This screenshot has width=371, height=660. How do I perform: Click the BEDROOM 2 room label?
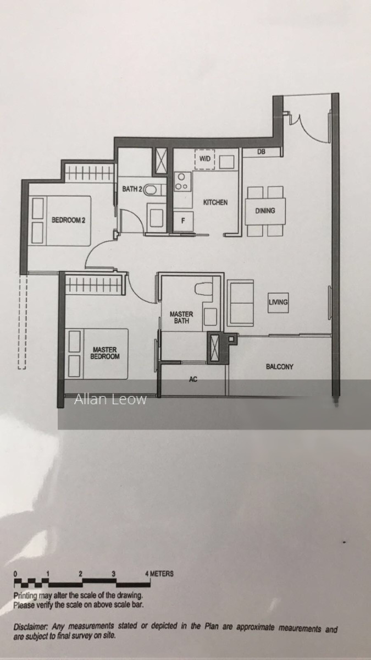(68, 220)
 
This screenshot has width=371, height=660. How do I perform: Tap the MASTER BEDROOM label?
(105, 353)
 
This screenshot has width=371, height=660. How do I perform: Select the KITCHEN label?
(215, 202)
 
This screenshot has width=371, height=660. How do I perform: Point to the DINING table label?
(265, 211)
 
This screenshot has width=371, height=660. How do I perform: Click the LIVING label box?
(278, 302)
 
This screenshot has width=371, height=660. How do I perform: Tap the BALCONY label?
(279, 367)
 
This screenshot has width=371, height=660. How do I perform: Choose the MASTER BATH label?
(181, 318)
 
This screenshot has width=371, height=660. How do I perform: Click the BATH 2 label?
(132, 189)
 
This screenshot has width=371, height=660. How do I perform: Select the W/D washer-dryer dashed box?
(204, 159)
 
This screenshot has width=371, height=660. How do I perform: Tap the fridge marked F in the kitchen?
(183, 221)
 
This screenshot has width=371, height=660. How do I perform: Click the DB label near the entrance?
(261, 152)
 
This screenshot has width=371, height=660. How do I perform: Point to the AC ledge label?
(193, 379)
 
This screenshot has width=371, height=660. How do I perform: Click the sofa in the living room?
(241, 303)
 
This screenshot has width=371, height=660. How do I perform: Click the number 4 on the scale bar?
(147, 574)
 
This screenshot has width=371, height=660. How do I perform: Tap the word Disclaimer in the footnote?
(30, 626)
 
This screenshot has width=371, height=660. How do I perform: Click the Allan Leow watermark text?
(110, 399)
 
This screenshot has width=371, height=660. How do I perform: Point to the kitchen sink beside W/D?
(226, 162)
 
